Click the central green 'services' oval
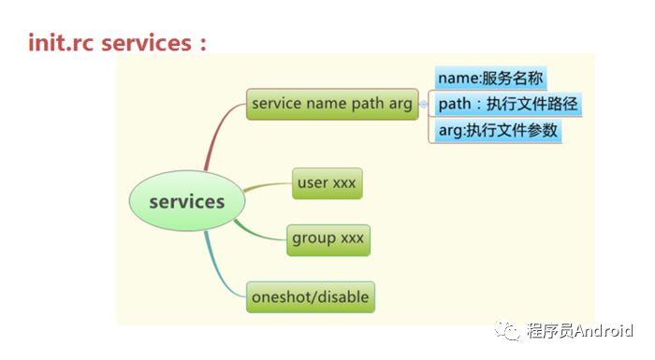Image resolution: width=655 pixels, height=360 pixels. coord(186,202)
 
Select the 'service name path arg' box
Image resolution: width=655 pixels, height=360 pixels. coord(331,104)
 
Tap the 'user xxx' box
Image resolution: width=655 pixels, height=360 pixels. coord(326,183)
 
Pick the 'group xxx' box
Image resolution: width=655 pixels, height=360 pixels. coord(327,238)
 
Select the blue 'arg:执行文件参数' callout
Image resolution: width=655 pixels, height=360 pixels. coord(499,131)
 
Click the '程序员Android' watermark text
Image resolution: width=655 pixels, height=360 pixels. coord(580,331)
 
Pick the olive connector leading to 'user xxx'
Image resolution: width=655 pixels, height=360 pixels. coord(267,186)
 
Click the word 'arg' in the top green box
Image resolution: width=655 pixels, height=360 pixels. coord(400,104)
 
